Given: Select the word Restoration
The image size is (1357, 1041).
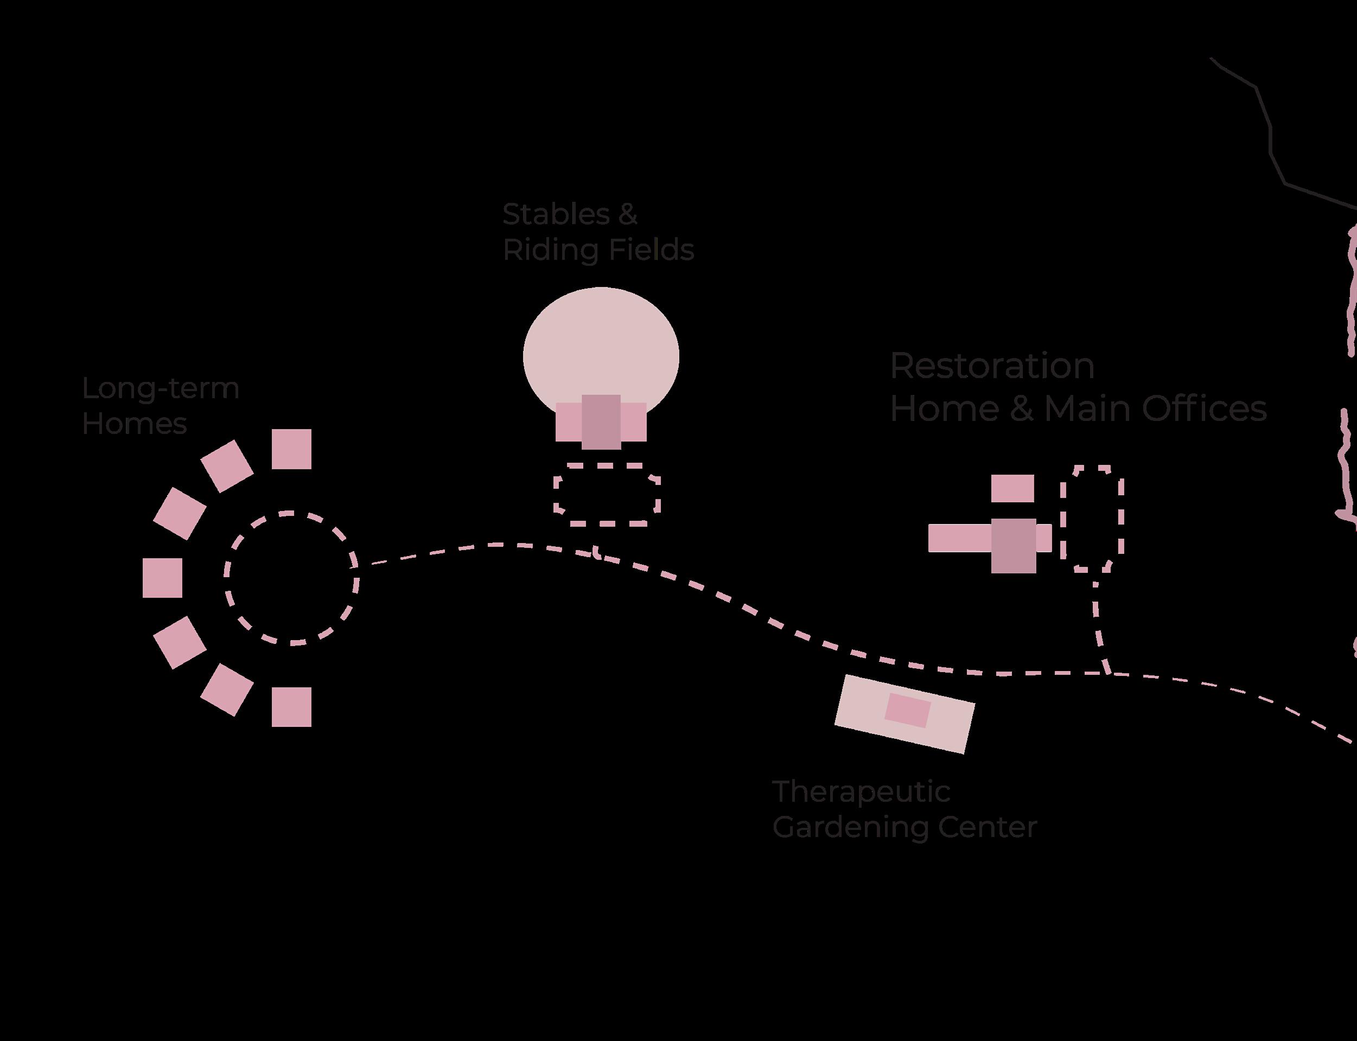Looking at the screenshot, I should point(992,366).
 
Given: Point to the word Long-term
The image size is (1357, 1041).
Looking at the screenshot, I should point(161,389).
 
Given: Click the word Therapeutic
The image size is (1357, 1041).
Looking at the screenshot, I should point(861,792).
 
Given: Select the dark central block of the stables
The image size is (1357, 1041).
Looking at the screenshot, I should point(601,421).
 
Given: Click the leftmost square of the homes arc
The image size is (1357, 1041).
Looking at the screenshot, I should point(162,578).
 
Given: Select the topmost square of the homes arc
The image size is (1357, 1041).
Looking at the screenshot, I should point(291,449).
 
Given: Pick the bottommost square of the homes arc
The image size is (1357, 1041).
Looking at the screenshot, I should point(291,706).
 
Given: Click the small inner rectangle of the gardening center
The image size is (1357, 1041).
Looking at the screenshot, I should point(907,710).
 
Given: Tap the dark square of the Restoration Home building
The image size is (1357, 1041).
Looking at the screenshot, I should point(1013,545).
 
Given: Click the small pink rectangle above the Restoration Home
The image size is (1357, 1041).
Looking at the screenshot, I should point(1012,488).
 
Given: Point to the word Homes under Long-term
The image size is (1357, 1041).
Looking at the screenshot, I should point(135,424).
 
